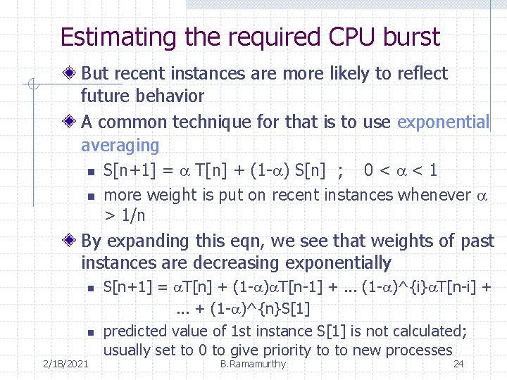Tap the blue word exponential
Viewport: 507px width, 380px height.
(x=443, y=122)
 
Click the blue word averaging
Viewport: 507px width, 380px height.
(x=120, y=145)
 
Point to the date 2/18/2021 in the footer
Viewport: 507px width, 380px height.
(x=65, y=364)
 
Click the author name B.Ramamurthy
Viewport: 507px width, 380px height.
(x=253, y=364)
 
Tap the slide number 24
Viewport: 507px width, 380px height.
(x=458, y=364)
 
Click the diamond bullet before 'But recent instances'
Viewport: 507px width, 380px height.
(x=70, y=73)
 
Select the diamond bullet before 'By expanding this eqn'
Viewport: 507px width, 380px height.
(x=70, y=241)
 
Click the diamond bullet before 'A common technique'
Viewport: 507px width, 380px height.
(x=70, y=122)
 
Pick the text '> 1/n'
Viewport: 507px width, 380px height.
(x=124, y=215)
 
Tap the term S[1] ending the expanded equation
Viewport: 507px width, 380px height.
(x=296, y=308)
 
